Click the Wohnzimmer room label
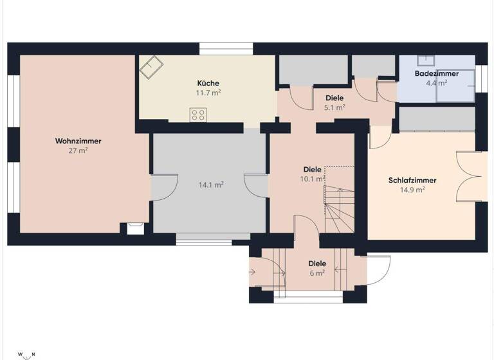tap(78, 141)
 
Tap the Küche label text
tap(208, 83)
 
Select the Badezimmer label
tap(437, 74)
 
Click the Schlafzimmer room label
tap(412, 181)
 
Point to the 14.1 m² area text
tap(210, 185)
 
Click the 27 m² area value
tap(78, 150)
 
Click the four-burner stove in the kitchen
tap(198, 115)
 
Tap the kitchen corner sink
tap(152, 66)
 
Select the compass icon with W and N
tap(26, 354)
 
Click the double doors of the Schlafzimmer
tap(468, 176)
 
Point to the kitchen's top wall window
tap(226, 49)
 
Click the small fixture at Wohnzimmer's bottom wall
tap(136, 228)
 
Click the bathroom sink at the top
tap(425, 60)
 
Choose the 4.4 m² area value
tap(437, 83)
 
